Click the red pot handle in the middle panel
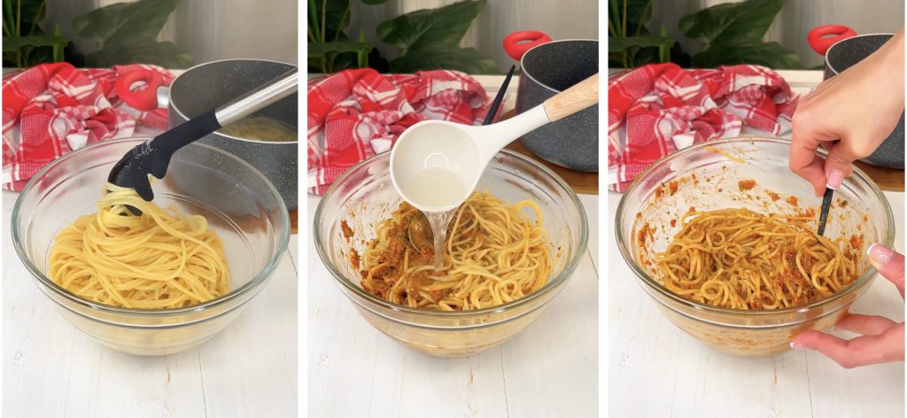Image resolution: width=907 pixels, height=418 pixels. (x=525, y=43)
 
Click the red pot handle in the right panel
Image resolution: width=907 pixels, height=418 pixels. (x=831, y=37)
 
